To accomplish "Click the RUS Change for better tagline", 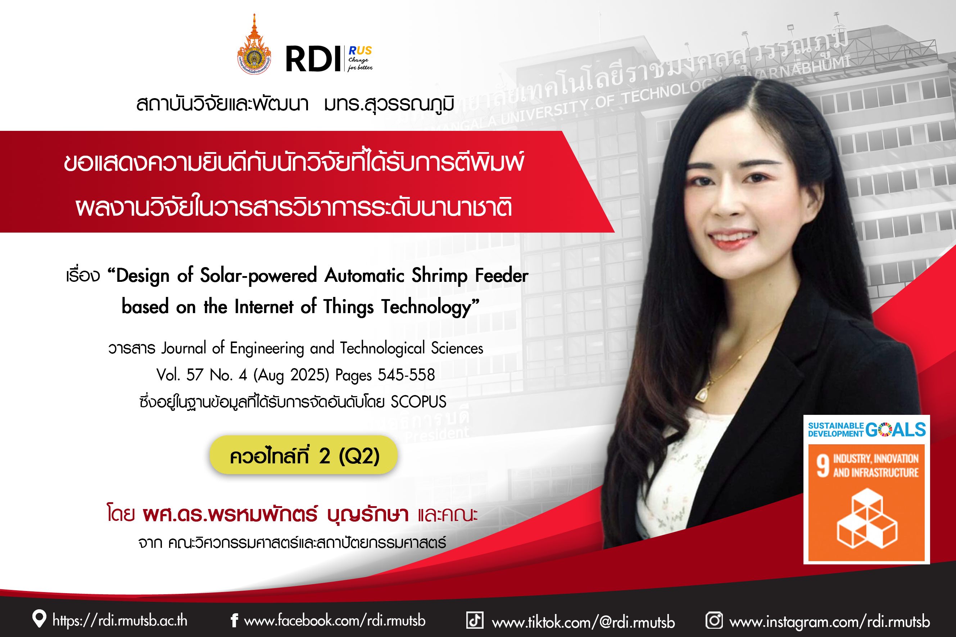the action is [360, 59].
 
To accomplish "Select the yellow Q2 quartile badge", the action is [303, 455].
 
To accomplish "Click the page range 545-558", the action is [406, 375].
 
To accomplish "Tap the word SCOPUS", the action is [418, 402].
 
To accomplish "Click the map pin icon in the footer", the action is [39, 619].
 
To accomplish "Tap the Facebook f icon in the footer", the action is [234, 620].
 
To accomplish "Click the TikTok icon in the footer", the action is [475, 620].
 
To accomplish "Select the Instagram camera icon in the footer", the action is [714, 620].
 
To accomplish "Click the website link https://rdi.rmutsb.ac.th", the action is [120, 620].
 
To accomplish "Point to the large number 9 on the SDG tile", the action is [823, 466].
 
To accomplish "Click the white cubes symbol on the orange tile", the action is [866, 518].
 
